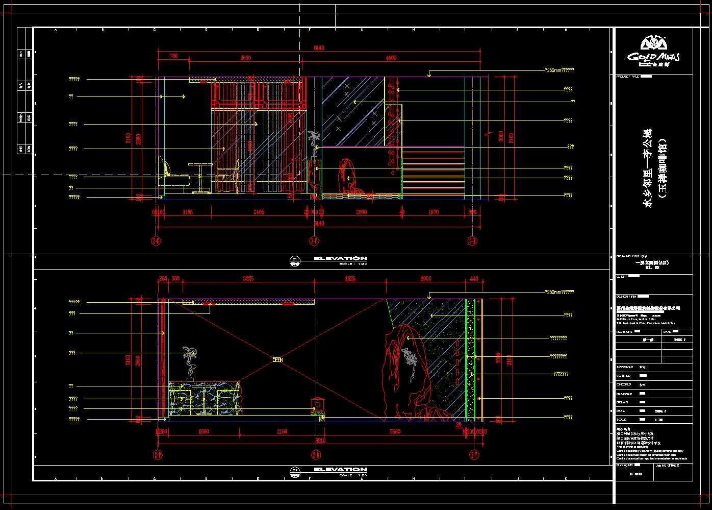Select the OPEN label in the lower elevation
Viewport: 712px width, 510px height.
(x=277, y=360)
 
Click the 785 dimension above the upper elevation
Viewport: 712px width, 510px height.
(x=174, y=56)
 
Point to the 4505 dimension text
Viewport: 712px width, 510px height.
(x=391, y=58)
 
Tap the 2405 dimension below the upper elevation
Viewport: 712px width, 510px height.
(x=259, y=212)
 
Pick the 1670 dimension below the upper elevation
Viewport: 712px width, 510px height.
(x=433, y=212)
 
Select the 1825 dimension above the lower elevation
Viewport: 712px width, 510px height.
(x=350, y=279)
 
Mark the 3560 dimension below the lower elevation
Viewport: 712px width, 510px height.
(x=395, y=432)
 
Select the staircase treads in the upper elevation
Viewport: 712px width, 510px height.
(x=434, y=171)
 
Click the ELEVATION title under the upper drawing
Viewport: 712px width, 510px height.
(x=340, y=259)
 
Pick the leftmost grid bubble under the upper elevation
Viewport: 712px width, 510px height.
(x=157, y=240)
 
